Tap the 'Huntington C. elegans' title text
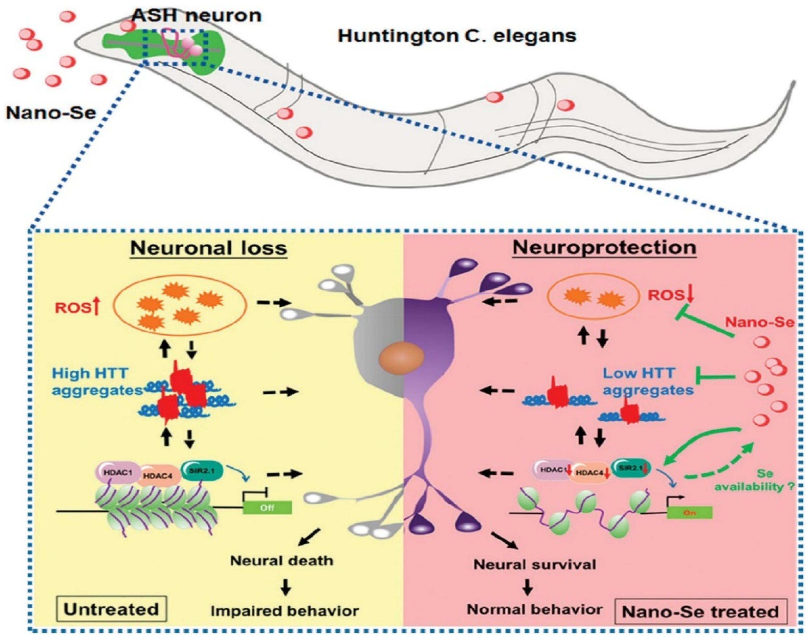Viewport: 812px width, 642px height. click(x=457, y=36)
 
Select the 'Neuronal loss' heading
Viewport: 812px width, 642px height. click(x=209, y=248)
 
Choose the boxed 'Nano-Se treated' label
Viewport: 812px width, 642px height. click(x=700, y=612)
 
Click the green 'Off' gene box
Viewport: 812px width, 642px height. click(x=267, y=508)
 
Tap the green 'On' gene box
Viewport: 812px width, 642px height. click(x=689, y=512)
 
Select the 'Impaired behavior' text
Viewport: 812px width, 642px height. click(x=285, y=611)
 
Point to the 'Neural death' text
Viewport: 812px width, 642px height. click(x=282, y=561)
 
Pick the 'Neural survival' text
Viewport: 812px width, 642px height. click(x=534, y=565)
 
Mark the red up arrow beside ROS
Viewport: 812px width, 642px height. click(x=97, y=307)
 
